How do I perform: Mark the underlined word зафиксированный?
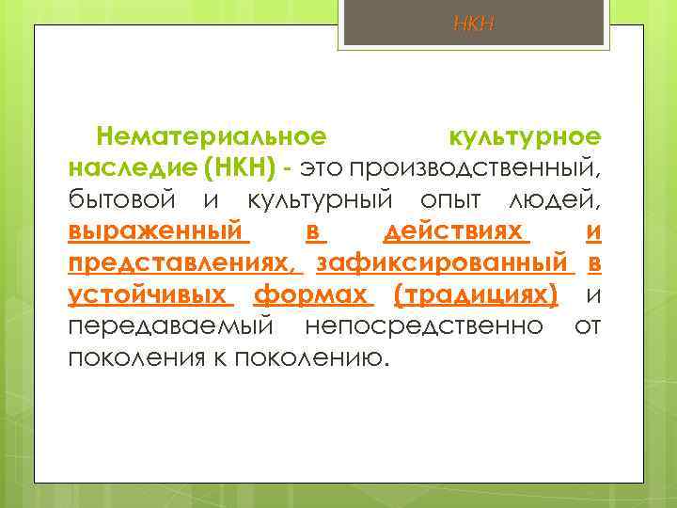pyautogui.click(x=444, y=263)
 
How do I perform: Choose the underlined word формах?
pyautogui.click(x=313, y=295)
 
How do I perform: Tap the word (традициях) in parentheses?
pyautogui.click(x=477, y=295)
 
